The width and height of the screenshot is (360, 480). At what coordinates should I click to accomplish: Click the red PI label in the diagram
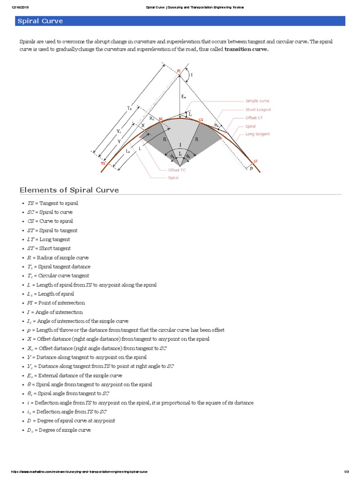click(179, 71)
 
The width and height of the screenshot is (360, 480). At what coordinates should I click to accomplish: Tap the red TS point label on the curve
click(103, 164)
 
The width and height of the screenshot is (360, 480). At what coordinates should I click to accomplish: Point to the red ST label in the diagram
click(255, 161)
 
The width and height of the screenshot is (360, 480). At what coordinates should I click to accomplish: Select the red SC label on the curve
click(160, 119)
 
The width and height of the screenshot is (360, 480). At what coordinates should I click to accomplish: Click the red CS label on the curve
click(201, 120)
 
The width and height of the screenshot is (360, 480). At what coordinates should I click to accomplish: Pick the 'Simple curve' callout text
click(257, 101)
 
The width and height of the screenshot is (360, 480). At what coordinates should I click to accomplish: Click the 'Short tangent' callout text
click(258, 109)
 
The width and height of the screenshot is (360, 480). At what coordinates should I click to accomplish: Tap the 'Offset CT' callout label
click(255, 118)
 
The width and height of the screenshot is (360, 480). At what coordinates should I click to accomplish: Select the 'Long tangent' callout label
click(258, 134)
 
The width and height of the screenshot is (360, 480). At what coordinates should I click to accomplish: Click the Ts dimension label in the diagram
click(129, 108)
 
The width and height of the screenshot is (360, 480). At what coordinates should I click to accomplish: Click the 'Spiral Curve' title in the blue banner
click(40, 21)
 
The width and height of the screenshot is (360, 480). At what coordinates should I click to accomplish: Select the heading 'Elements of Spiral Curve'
click(69, 190)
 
